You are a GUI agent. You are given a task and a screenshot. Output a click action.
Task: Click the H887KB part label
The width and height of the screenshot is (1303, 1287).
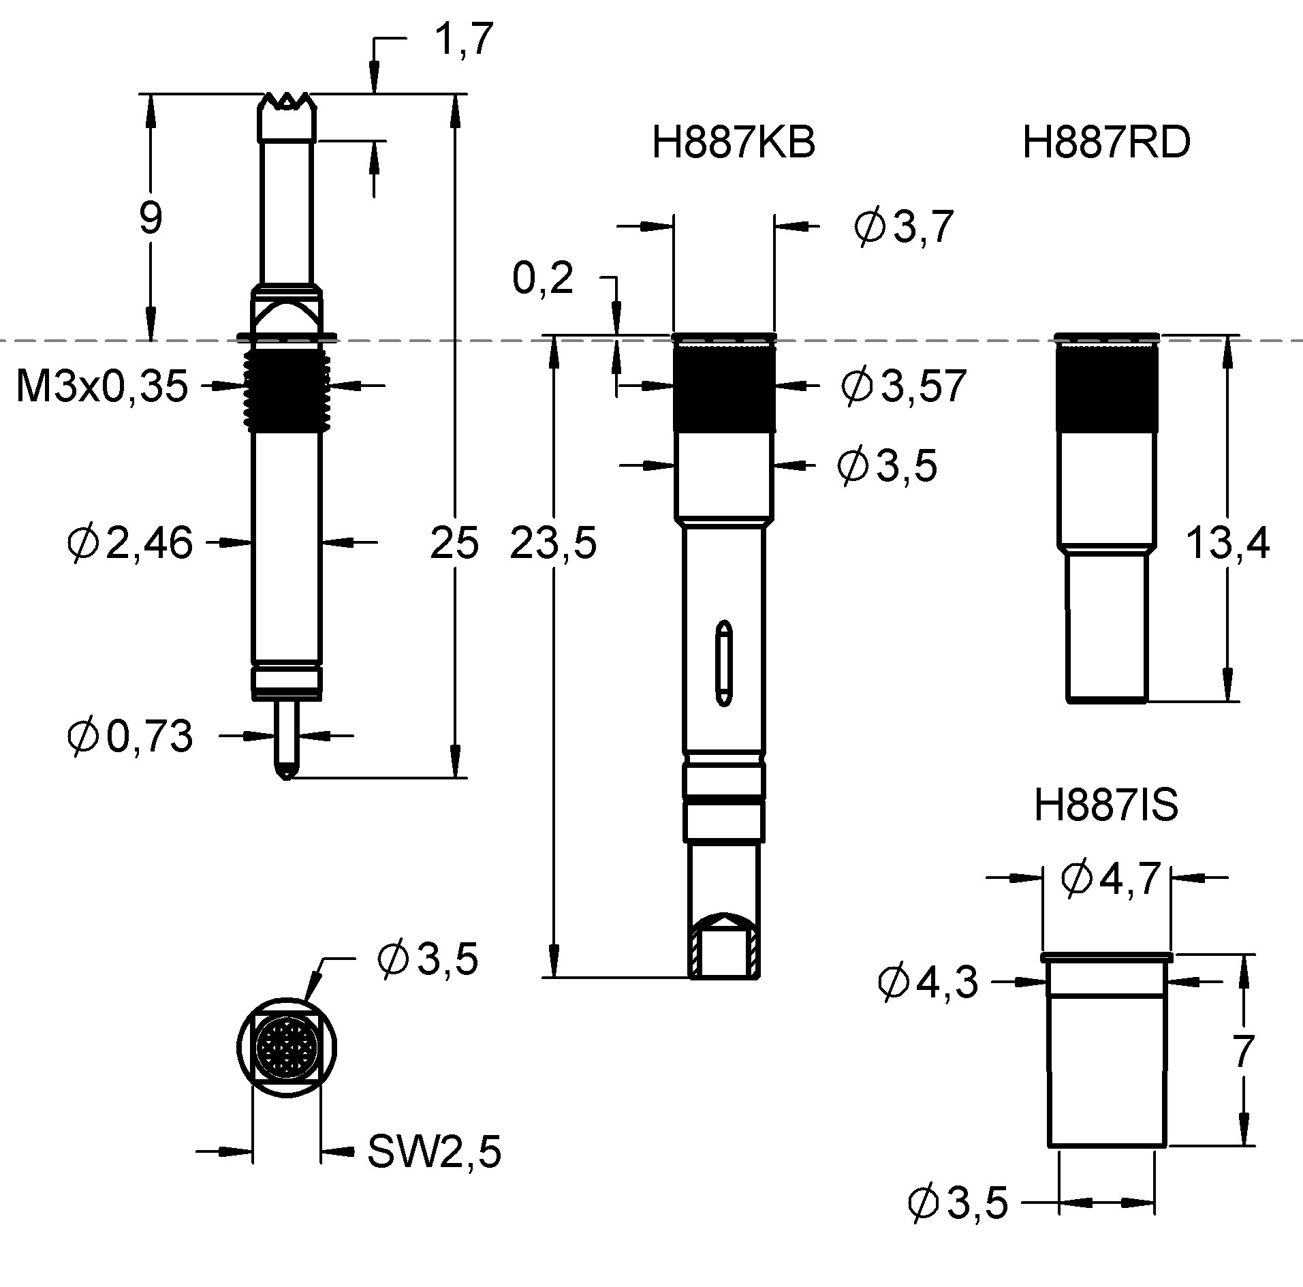[734, 143]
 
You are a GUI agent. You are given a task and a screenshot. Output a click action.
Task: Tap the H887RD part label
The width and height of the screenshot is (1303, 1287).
[1107, 143]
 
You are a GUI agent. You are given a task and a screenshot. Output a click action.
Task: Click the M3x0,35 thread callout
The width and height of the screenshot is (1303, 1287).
[101, 386]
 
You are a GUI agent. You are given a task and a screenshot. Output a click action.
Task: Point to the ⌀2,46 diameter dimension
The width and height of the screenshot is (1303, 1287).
[130, 543]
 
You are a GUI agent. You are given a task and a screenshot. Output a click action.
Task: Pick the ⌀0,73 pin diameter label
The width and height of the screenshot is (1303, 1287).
[130, 736]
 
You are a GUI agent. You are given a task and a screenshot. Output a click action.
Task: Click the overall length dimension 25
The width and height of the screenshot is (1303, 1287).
[454, 544]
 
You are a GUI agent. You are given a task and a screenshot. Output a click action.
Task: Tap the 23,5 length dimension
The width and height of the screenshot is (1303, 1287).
[553, 544]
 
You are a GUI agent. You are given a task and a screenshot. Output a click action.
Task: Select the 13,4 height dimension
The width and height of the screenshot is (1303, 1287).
[1228, 544]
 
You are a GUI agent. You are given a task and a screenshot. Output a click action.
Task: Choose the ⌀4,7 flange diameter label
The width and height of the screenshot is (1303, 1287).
[1111, 880]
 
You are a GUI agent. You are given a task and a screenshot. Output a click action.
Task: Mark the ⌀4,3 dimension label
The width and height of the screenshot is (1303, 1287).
[928, 982]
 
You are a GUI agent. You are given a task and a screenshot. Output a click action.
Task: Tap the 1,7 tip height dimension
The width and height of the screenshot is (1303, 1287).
[464, 39]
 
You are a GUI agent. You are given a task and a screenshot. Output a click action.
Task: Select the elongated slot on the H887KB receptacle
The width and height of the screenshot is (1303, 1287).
[724, 662]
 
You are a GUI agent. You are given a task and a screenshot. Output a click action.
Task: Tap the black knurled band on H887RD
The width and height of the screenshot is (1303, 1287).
[1106, 388]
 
